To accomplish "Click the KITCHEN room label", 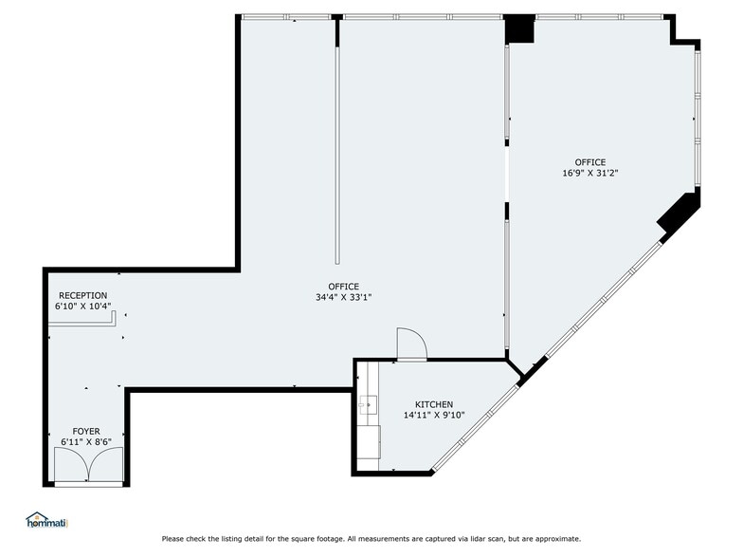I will click(434, 404).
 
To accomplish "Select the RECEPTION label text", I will click(83, 295).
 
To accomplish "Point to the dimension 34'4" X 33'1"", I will click(343, 297).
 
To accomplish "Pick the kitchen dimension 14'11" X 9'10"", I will click(434, 415).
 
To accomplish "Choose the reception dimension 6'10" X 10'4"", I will click(83, 306).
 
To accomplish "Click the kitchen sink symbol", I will click(368, 406).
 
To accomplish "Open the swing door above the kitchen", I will click(410, 344).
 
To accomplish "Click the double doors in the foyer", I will click(88, 466).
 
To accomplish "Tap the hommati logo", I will click(46, 520).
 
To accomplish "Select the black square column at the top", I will click(519, 29).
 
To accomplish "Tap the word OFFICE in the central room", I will click(343, 287).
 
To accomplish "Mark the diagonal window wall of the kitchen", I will click(474, 427).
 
